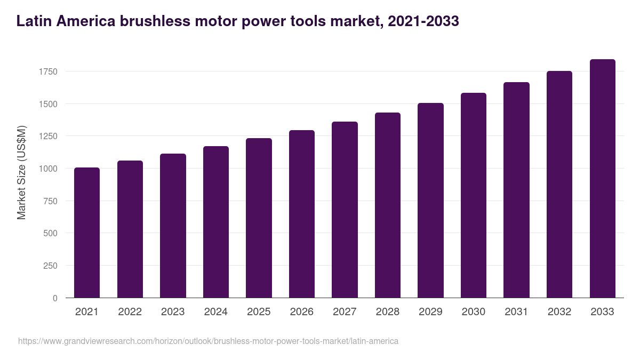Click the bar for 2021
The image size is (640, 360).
(x=87, y=233)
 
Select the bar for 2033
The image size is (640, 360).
(x=602, y=179)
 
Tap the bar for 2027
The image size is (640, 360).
(x=345, y=210)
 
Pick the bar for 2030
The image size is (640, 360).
(x=474, y=195)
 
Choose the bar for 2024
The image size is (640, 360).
(x=216, y=222)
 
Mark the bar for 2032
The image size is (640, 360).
(x=559, y=185)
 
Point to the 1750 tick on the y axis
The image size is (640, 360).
(x=48, y=71)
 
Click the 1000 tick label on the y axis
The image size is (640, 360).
(x=48, y=169)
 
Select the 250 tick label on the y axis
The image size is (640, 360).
(x=50, y=266)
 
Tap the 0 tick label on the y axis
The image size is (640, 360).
(x=55, y=298)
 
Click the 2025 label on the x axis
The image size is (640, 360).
(x=259, y=312)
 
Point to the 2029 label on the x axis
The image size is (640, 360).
(x=430, y=312)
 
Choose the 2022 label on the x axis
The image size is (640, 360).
(x=130, y=312)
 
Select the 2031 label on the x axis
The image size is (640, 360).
(x=516, y=312)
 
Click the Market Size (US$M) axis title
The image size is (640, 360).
(x=21, y=172)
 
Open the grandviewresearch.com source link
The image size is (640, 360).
(x=208, y=341)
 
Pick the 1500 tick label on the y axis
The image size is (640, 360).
(x=48, y=104)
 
